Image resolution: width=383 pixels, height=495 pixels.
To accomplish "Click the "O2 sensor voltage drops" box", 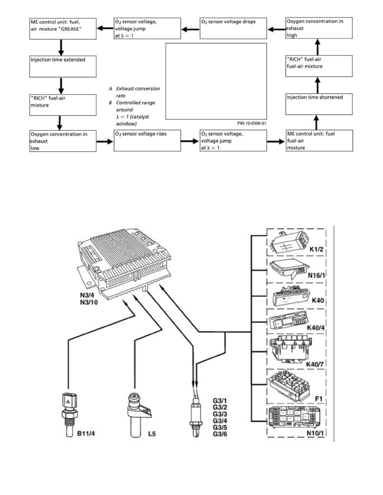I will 232,28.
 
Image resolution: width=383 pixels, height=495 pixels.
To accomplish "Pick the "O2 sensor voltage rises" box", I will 147,140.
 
